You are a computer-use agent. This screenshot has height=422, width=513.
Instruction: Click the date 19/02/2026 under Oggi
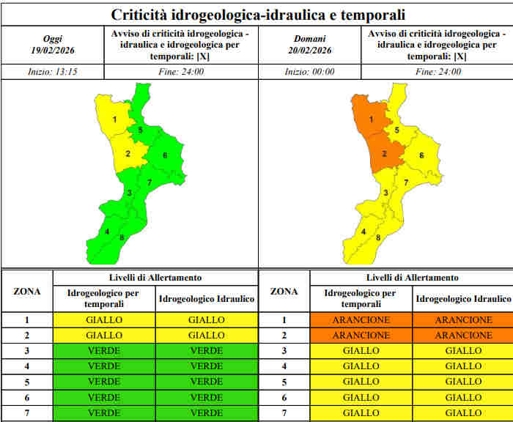pyautogui.click(x=53, y=51)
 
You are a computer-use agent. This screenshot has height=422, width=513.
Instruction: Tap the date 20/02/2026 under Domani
pyautogui.click(x=309, y=51)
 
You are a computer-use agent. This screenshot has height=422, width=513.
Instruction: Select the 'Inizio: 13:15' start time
pyautogui.click(x=53, y=72)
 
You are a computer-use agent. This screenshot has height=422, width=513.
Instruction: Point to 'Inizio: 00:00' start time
pyautogui.click(x=309, y=72)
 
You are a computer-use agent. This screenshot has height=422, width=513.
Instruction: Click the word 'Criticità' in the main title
pyautogui.click(x=139, y=15)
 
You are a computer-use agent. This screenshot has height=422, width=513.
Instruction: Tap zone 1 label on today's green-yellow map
pyautogui.click(x=115, y=119)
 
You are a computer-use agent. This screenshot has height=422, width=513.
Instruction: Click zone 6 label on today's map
pyautogui.click(x=165, y=155)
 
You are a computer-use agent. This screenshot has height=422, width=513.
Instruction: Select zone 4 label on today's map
pyautogui.click(x=107, y=232)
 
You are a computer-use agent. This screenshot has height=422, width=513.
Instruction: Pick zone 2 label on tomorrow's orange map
pyautogui.click(x=385, y=153)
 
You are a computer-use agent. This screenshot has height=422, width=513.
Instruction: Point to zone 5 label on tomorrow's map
pyautogui.click(x=397, y=130)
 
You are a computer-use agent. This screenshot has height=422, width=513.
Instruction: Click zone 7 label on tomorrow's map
pyautogui.click(x=406, y=182)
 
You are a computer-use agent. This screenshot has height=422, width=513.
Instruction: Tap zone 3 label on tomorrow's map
pyautogui.click(x=385, y=193)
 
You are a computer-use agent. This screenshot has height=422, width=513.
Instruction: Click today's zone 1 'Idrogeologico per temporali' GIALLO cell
pyautogui.click(x=104, y=320)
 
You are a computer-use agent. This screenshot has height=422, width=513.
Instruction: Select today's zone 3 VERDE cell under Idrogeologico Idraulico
pyautogui.click(x=207, y=351)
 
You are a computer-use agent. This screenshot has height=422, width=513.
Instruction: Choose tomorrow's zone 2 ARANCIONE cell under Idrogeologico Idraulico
pyautogui.click(x=464, y=336)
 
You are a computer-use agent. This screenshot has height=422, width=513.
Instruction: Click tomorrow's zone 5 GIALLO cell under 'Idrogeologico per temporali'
pyautogui.click(x=361, y=382)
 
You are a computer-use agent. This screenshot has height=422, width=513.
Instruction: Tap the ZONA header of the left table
pyautogui.click(x=27, y=292)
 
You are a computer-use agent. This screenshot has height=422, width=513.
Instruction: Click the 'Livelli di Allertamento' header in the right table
pyautogui.click(x=412, y=278)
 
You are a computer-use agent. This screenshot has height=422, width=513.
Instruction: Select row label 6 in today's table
pyautogui.click(x=27, y=398)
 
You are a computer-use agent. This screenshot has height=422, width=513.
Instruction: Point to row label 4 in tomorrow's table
pyautogui.click(x=284, y=366)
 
